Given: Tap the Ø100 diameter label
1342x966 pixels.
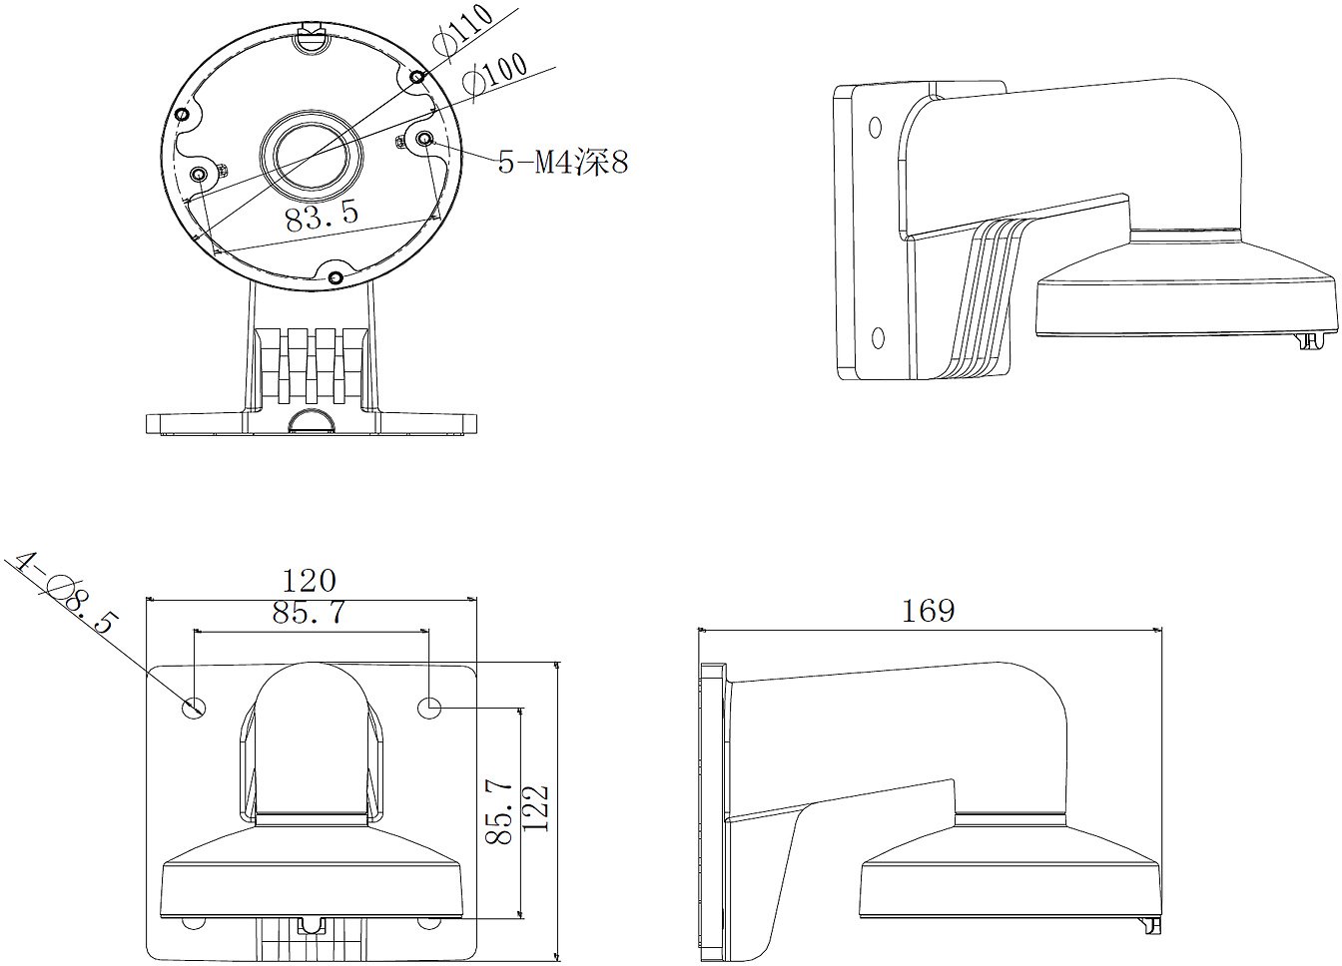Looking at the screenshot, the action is pyautogui.click(x=495, y=80).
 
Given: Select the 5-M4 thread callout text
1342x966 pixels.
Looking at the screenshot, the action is pyautogui.click(x=562, y=162).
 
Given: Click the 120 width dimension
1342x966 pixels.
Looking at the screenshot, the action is pyautogui.click(x=309, y=581).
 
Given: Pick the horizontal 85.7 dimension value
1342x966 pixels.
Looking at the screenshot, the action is pyautogui.click(x=309, y=612).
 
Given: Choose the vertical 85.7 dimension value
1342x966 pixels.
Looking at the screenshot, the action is pyautogui.click(x=498, y=811).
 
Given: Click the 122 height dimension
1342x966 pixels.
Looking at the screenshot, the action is pyautogui.click(x=535, y=807).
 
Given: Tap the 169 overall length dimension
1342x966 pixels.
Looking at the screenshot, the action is pyautogui.click(x=928, y=611).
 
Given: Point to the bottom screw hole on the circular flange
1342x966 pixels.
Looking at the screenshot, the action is pyautogui.click(x=336, y=277).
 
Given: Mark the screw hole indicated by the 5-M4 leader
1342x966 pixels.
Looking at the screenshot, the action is pyautogui.click(x=424, y=140).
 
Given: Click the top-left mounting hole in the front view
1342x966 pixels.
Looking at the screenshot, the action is pyautogui.click(x=194, y=708).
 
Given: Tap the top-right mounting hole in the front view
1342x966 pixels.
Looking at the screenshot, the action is pyautogui.click(x=429, y=708).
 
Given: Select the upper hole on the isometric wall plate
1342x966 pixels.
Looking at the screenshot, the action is pyautogui.click(x=876, y=127).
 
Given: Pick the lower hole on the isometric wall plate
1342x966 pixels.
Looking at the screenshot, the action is pyautogui.click(x=878, y=338).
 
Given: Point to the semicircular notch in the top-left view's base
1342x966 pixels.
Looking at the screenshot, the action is pyautogui.click(x=311, y=421).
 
